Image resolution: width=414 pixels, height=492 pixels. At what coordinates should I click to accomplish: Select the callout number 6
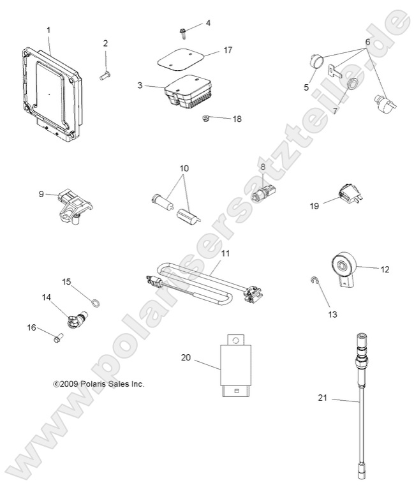(367, 41)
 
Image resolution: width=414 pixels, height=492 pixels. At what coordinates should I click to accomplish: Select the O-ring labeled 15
(94, 302)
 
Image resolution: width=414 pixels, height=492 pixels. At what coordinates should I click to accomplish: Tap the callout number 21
(322, 399)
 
